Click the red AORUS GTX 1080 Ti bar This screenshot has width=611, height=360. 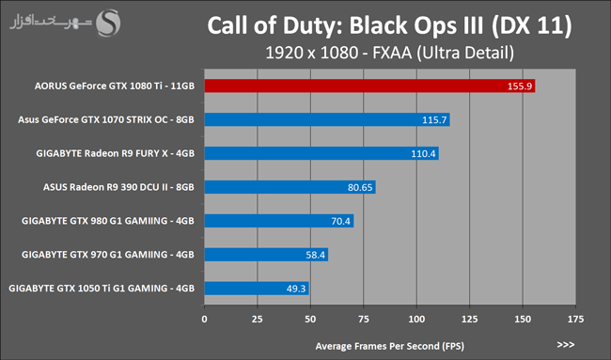point(369,86)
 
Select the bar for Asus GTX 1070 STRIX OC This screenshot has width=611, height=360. point(327,119)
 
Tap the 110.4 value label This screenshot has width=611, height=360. point(423,153)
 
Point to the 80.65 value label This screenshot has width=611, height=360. point(360,187)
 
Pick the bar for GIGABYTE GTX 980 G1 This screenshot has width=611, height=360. point(279,221)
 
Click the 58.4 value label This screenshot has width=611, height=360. point(315,255)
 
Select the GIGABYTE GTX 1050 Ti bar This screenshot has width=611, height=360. point(257,289)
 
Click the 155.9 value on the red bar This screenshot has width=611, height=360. point(520,86)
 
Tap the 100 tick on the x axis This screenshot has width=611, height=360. point(416,319)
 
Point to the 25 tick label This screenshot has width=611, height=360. point(258,319)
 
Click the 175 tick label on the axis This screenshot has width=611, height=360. point(575,319)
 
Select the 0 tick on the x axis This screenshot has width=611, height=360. point(205,319)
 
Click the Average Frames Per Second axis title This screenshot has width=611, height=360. point(390,346)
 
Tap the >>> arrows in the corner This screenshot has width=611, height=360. point(566,344)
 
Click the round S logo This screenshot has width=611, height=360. point(108,23)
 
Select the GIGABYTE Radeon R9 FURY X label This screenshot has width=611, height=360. point(115,153)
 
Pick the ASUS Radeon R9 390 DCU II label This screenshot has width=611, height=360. point(118,187)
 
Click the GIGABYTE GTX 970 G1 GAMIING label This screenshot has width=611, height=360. point(108,255)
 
